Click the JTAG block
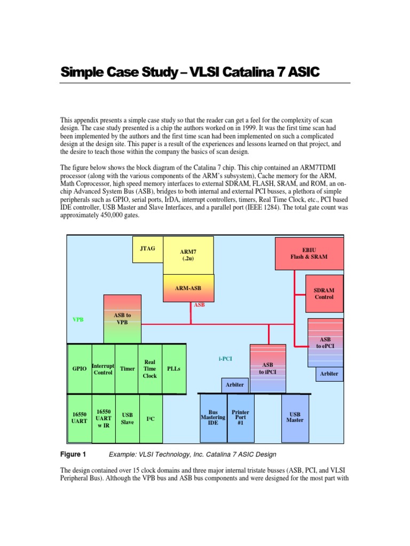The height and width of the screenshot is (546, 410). (x=148, y=248)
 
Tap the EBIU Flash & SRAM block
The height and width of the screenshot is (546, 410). (x=309, y=253)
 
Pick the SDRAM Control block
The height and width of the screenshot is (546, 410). (x=324, y=293)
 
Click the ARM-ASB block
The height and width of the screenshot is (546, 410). (x=188, y=288)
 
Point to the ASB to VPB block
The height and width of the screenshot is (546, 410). (x=123, y=319)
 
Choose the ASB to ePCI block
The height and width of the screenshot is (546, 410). (x=325, y=342)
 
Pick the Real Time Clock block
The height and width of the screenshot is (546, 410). (x=150, y=368)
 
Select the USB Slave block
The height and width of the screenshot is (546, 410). (x=128, y=419)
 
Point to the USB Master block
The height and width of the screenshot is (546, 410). (x=295, y=417)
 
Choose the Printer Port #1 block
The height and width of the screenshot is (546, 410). (x=240, y=417)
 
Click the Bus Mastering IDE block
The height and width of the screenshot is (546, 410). (x=213, y=417)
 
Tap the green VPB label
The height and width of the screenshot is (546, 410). (x=78, y=319)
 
